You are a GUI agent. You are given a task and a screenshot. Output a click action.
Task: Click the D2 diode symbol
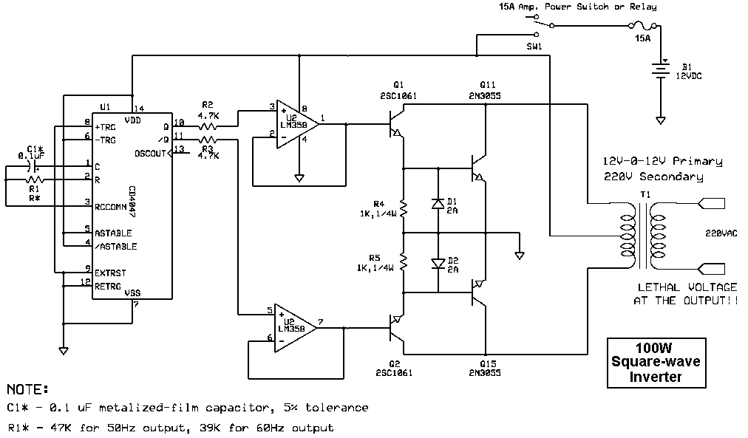pyautogui.click(x=438, y=261)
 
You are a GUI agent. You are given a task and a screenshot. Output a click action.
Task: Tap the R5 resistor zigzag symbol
pyautogui.click(x=404, y=260)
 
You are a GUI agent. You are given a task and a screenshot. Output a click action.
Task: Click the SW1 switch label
pyautogui.click(x=534, y=46)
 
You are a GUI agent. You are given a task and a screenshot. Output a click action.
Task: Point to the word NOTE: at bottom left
pyautogui.click(x=29, y=389)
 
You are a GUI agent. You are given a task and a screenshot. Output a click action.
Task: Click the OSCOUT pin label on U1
pyautogui.click(x=150, y=153)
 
